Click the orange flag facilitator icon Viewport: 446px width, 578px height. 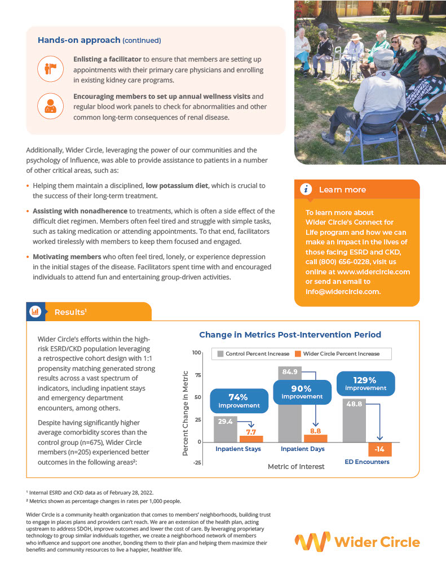pos(48,68)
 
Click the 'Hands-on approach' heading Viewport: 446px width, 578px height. pos(79,41)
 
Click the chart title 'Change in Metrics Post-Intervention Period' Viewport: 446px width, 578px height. pos(290,335)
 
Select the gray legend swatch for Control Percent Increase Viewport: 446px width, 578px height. pos(220,354)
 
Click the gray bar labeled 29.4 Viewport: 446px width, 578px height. pos(225,429)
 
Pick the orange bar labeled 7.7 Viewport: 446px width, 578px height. pos(251,438)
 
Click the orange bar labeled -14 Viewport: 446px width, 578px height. pos(380,449)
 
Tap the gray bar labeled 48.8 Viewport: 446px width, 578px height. pos(354,421)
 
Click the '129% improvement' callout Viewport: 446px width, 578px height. pos(365,384)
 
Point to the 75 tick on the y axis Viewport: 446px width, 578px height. pos(197,375)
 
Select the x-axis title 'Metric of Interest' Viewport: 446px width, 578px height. pos(296,467)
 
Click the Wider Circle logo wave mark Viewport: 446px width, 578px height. pos(312,542)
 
